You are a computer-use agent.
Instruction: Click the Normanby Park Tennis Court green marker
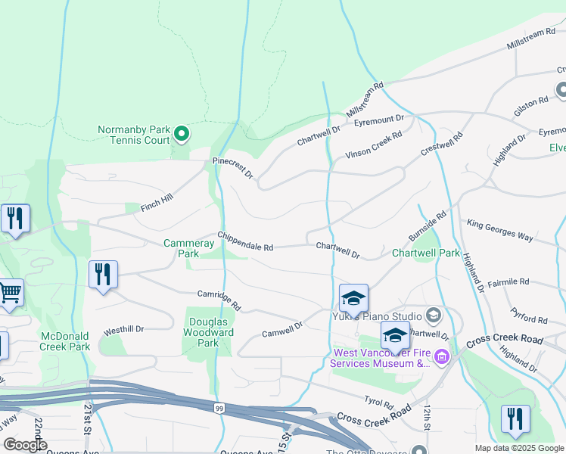tap(182, 135)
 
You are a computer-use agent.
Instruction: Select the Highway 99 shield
tap(219, 408)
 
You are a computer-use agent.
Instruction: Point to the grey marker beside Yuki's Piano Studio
tap(434, 314)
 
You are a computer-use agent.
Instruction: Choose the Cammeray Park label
tap(182, 248)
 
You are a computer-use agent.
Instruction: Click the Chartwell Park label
tap(425, 253)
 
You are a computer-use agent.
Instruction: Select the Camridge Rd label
tap(219, 300)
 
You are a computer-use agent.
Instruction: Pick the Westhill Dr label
tap(123, 330)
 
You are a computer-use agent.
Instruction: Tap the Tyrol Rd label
tap(378, 402)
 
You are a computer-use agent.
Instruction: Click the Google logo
tap(25, 445)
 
